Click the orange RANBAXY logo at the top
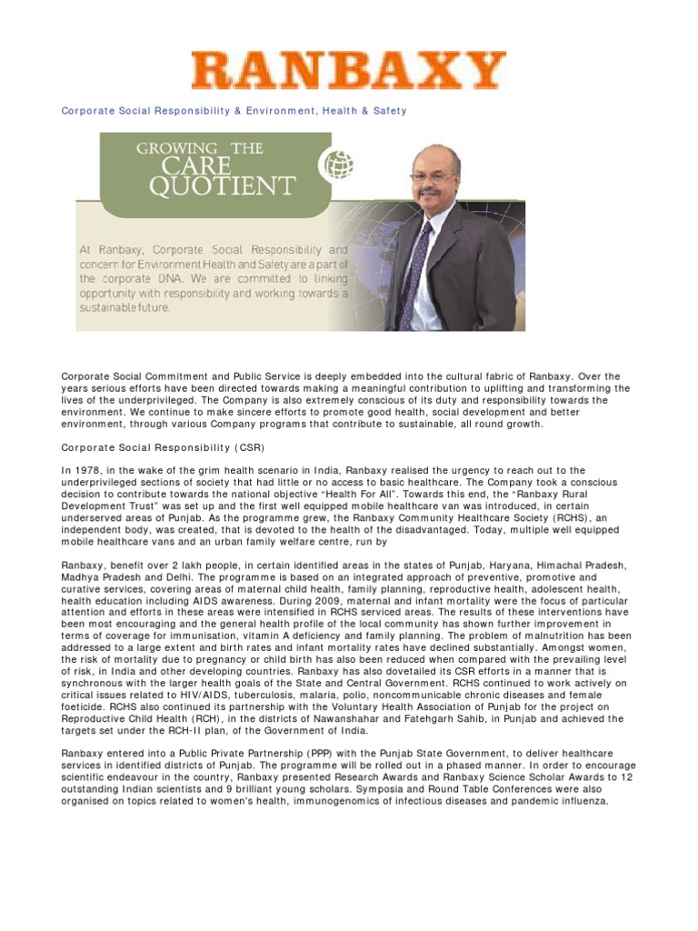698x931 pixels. [x=348, y=70]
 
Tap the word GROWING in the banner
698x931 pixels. [x=177, y=148]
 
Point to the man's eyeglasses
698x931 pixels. [x=432, y=178]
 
